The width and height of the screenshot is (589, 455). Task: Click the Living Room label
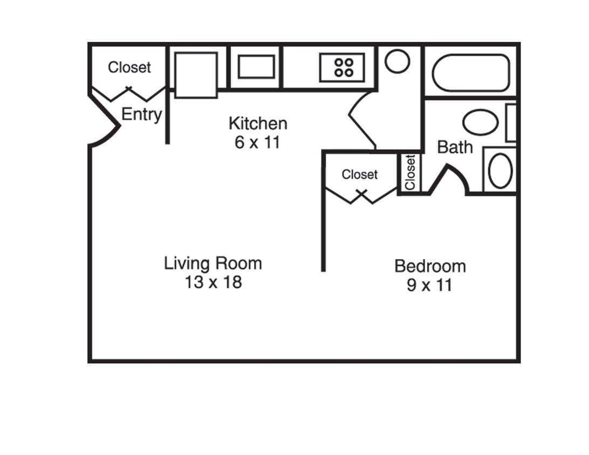(x=213, y=264)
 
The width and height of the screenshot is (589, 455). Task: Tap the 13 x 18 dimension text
(x=213, y=282)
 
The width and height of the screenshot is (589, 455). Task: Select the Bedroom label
(x=430, y=266)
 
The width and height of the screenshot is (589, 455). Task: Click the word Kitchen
(x=258, y=123)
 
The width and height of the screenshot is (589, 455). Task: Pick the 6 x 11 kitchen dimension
(x=258, y=143)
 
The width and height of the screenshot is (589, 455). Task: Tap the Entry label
(x=141, y=114)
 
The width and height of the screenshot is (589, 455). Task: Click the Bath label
(x=454, y=147)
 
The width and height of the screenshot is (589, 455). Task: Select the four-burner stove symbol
(x=343, y=67)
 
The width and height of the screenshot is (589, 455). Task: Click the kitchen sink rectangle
(x=256, y=67)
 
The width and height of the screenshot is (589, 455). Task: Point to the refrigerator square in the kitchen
(x=196, y=75)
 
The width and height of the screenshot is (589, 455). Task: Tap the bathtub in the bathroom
(x=470, y=73)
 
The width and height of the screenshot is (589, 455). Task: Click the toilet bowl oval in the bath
(x=480, y=122)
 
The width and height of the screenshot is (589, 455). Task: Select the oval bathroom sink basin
(x=500, y=171)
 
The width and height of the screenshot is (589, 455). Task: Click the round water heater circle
(x=397, y=61)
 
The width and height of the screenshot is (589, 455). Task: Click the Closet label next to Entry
(x=129, y=67)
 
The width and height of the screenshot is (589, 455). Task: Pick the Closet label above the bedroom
(x=360, y=175)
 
